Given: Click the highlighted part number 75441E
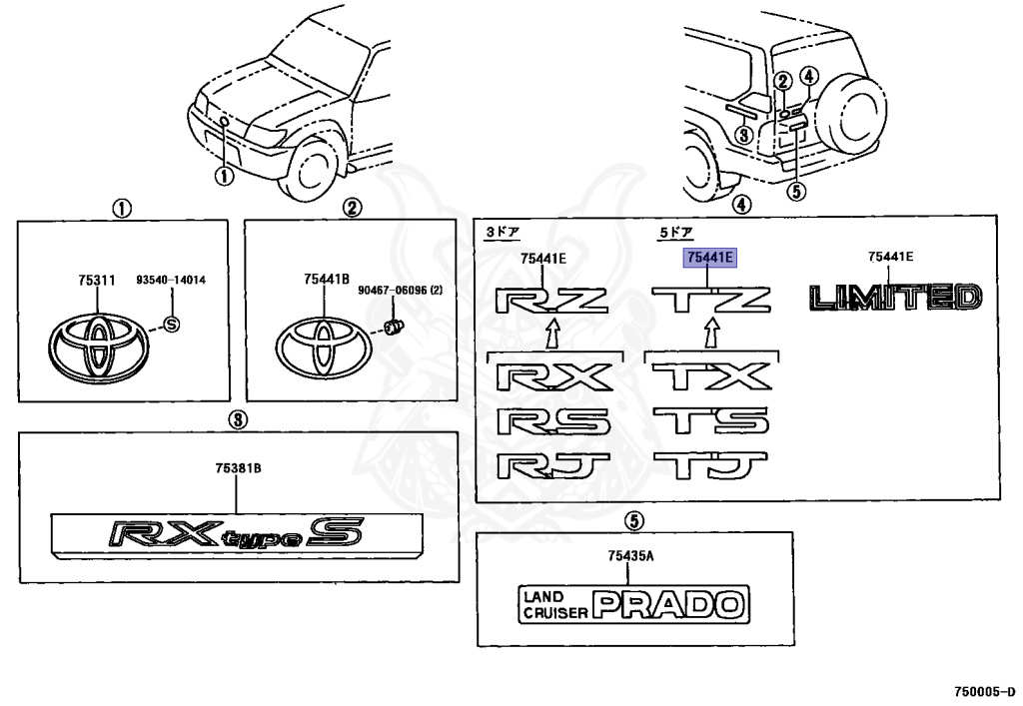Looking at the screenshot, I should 709,258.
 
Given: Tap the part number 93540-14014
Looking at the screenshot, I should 171,281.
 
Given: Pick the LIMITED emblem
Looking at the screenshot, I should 895,298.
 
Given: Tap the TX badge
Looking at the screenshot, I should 710,377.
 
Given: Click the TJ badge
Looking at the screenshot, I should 710,465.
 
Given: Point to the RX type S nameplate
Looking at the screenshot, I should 236,536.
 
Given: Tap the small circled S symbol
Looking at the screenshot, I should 169,324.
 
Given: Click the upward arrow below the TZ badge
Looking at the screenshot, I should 710,332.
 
